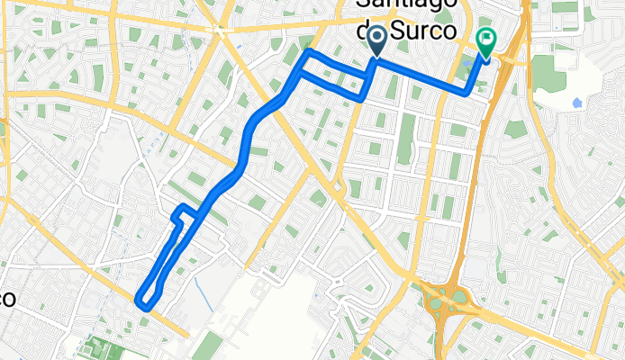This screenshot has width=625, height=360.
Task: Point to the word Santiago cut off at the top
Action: click(416, 6)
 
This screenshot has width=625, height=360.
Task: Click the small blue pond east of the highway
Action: click(575, 103)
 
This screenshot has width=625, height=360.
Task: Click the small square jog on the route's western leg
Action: click(181, 213)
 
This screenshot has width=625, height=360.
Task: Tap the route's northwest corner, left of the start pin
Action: click(308, 52)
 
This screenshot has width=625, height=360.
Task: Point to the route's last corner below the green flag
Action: click(466, 92)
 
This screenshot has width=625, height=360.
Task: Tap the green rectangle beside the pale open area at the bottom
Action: click(206, 346)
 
